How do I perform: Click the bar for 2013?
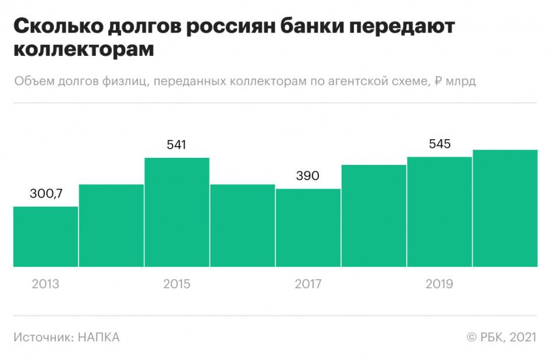click(45, 237)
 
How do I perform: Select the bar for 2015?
click(177, 212)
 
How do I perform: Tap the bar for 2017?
click(308, 228)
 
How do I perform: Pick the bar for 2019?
click(439, 211)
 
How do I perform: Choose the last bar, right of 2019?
click(505, 208)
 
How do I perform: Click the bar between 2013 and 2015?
click(111, 225)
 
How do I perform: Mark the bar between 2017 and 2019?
click(374, 216)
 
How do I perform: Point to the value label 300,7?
click(46, 193)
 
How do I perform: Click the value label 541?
click(176, 144)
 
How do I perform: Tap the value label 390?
click(308, 175)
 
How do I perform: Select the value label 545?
click(439, 143)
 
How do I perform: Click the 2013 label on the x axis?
click(45, 284)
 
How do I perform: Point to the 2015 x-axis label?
click(176, 284)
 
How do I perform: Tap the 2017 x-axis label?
click(308, 284)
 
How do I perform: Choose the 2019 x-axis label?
click(439, 284)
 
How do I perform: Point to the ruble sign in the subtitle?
click(439, 81)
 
